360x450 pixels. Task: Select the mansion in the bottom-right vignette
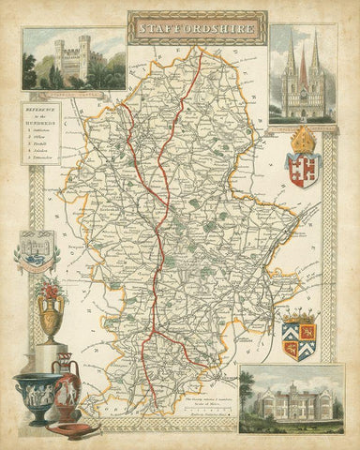(298, 403)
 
